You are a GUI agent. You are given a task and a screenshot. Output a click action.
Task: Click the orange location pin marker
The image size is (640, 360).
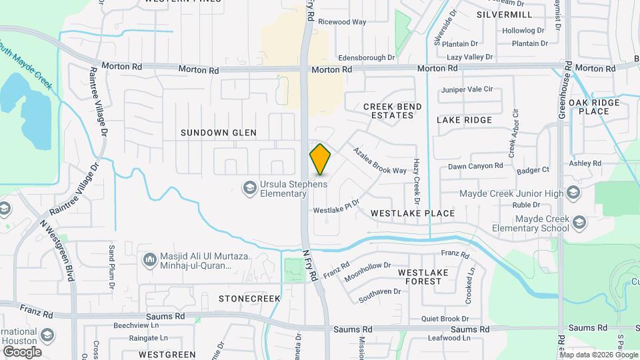tap(320, 159)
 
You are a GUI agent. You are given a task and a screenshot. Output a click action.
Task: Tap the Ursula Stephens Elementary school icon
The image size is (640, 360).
tap(250, 189)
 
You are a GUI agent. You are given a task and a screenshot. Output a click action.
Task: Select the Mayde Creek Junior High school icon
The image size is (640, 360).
tap(572, 194)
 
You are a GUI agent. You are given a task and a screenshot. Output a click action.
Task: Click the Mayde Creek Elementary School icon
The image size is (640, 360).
tap(579, 223)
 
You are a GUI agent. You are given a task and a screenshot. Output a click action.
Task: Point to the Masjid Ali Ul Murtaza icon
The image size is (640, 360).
tap(149, 258)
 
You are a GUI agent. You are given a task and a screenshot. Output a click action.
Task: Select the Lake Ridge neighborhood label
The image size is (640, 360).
tap(464, 120)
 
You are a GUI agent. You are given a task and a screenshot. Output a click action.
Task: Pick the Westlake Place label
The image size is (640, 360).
tap(413, 213)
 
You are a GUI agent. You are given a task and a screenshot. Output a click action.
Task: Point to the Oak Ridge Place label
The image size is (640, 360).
tap(594, 107)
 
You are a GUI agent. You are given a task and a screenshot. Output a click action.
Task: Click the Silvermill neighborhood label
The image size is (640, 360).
tap(505, 14)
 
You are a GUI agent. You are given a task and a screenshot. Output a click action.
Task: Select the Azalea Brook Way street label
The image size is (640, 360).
tap(380, 161)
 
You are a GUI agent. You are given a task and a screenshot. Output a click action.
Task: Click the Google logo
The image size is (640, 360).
tap(21, 352)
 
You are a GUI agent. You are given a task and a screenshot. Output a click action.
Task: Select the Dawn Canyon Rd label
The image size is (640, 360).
tap(475, 166)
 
